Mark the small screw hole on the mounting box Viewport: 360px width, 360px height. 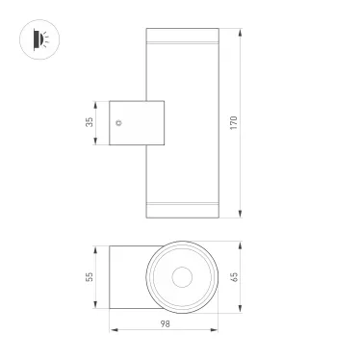click(x=118, y=123)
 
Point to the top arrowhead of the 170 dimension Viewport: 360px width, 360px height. click(x=240, y=33)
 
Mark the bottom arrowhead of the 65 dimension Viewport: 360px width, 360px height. click(x=240, y=310)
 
